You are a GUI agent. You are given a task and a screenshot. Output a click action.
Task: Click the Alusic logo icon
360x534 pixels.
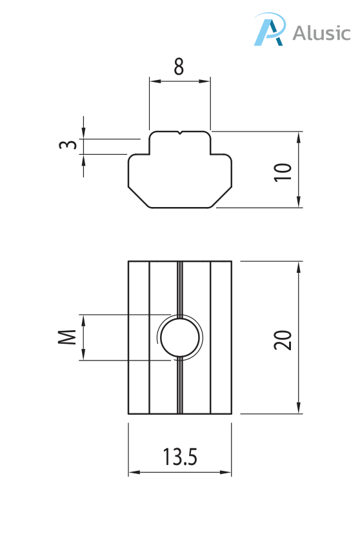(269, 30)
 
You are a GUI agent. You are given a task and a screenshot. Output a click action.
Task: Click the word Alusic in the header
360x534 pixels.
(321, 33)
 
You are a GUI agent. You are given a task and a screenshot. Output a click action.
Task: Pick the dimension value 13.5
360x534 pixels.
(179, 457)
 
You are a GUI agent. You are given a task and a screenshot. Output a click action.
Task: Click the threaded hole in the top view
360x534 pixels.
(179, 337)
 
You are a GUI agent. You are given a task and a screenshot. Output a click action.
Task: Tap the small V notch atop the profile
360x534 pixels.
(180, 134)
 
